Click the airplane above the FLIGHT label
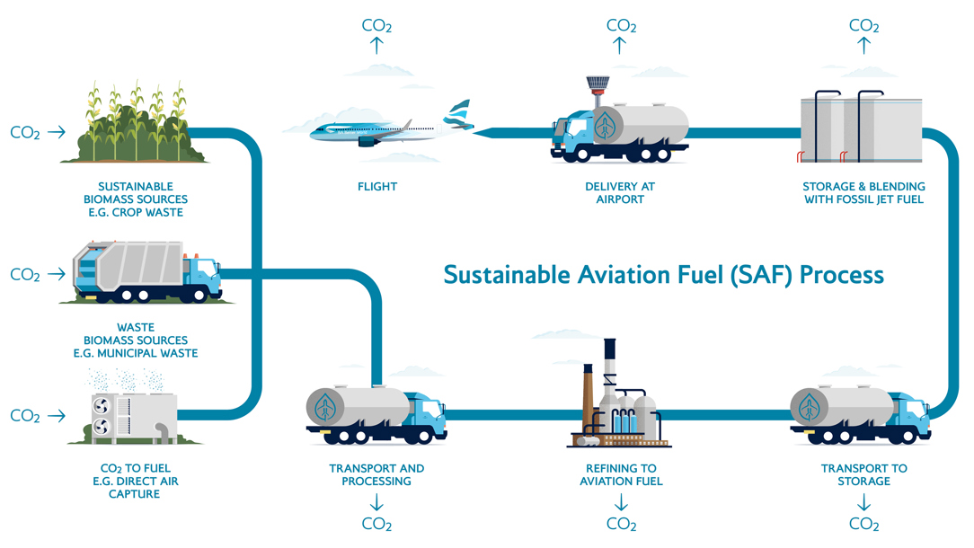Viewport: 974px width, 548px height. click(364, 132)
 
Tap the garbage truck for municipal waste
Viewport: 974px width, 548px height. click(147, 270)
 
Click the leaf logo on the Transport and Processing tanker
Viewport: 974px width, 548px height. click(325, 406)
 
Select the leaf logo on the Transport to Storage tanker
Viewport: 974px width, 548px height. click(810, 406)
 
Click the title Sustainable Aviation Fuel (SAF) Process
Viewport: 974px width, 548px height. click(664, 274)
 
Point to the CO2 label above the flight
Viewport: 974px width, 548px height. click(376, 25)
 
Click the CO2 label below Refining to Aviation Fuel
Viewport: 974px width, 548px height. click(621, 524)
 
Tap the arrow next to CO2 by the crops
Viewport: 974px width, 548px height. click(57, 132)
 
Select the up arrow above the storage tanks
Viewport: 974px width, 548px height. click(863, 47)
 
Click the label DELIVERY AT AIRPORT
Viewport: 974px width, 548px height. click(620, 192)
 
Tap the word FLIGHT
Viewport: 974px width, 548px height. click(376, 187)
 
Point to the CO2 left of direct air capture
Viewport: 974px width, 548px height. click(25, 417)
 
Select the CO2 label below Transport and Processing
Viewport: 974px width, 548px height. click(376, 524)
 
